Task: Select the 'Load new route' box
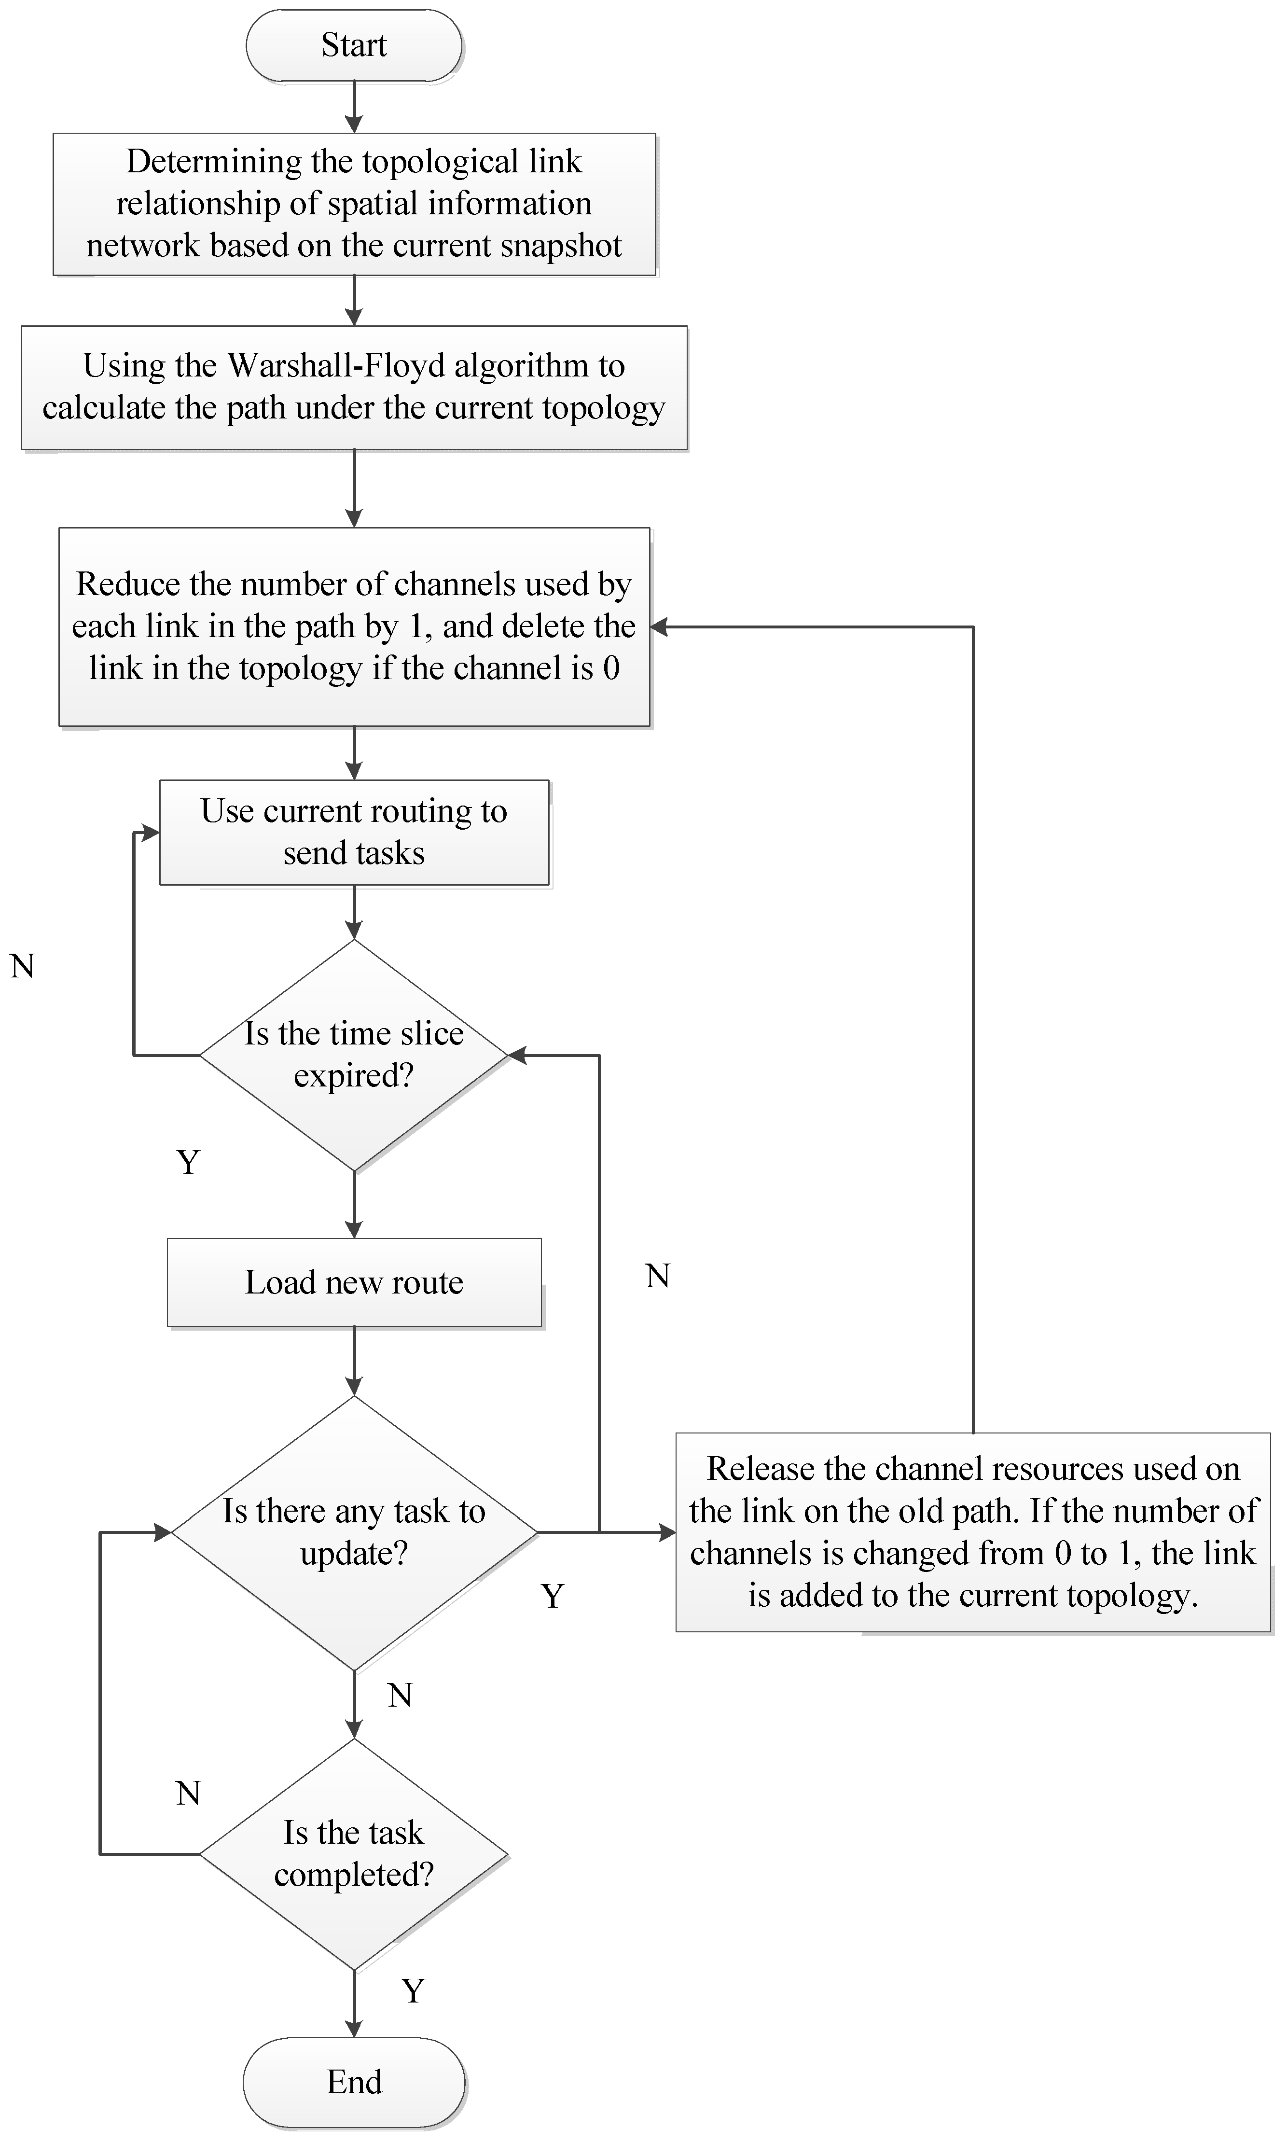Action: (354, 1282)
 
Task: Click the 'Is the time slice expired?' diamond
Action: (354, 1055)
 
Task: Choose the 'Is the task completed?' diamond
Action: (354, 1854)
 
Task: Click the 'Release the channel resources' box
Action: (972, 1531)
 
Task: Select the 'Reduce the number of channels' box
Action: (354, 626)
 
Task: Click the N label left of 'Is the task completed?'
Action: (188, 1793)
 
